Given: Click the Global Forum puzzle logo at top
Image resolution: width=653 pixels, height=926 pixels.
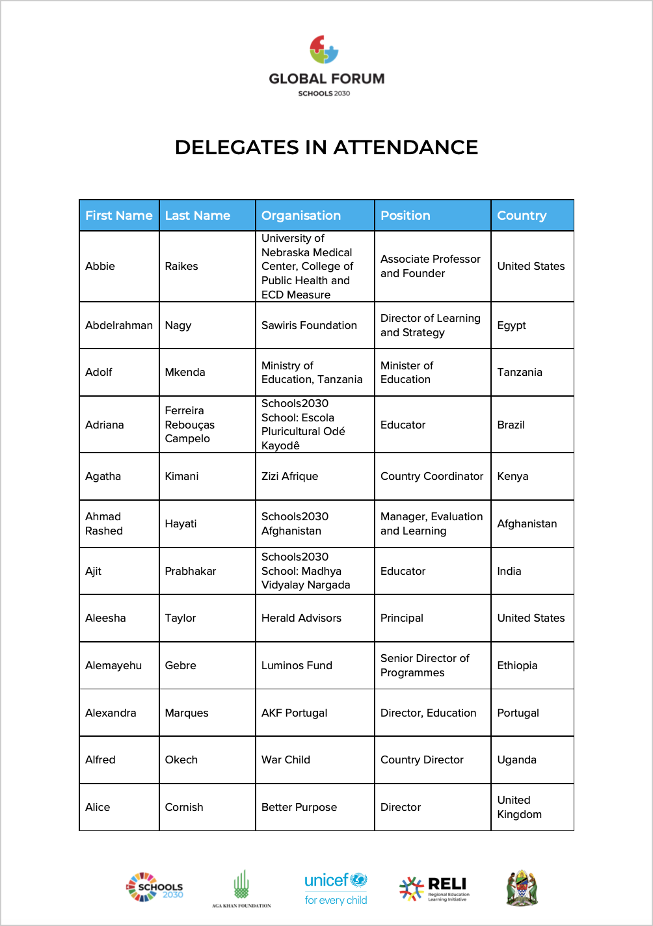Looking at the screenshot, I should (324, 50).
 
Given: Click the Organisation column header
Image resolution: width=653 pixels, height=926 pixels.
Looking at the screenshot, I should (301, 216).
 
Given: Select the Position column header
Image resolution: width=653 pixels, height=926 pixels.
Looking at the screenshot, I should (405, 216).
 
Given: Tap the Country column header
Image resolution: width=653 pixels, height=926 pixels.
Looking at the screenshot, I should (522, 216).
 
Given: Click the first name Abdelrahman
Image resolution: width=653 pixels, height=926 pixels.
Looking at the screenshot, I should (119, 325).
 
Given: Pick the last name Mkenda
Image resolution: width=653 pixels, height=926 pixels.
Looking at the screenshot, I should (185, 372).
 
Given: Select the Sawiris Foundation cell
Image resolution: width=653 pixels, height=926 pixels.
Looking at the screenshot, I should (309, 325).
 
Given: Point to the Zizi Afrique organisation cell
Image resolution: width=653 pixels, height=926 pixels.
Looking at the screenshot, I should (289, 476).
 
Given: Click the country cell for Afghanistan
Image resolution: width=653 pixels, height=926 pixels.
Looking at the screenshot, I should (527, 523).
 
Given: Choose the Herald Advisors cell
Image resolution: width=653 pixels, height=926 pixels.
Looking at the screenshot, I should (301, 618).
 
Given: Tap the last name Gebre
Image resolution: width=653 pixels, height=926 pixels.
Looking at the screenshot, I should (180, 665).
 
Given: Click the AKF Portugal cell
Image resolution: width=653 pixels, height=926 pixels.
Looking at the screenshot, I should (294, 713).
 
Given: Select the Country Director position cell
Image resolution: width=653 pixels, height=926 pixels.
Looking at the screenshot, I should (421, 760).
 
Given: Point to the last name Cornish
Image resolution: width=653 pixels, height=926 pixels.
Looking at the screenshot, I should (184, 807).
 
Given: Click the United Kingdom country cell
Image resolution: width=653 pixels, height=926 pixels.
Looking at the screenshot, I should (519, 807).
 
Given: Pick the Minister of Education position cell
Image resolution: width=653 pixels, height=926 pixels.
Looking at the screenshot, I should (406, 372).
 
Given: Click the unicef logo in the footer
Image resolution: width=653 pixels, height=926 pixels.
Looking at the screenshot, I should (336, 889).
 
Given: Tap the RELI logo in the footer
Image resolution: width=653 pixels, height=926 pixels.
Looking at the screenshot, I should (434, 888).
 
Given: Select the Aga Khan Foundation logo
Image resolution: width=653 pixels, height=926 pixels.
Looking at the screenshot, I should (241, 888).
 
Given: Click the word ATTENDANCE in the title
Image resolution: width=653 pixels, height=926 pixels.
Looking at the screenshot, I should (406, 148).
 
